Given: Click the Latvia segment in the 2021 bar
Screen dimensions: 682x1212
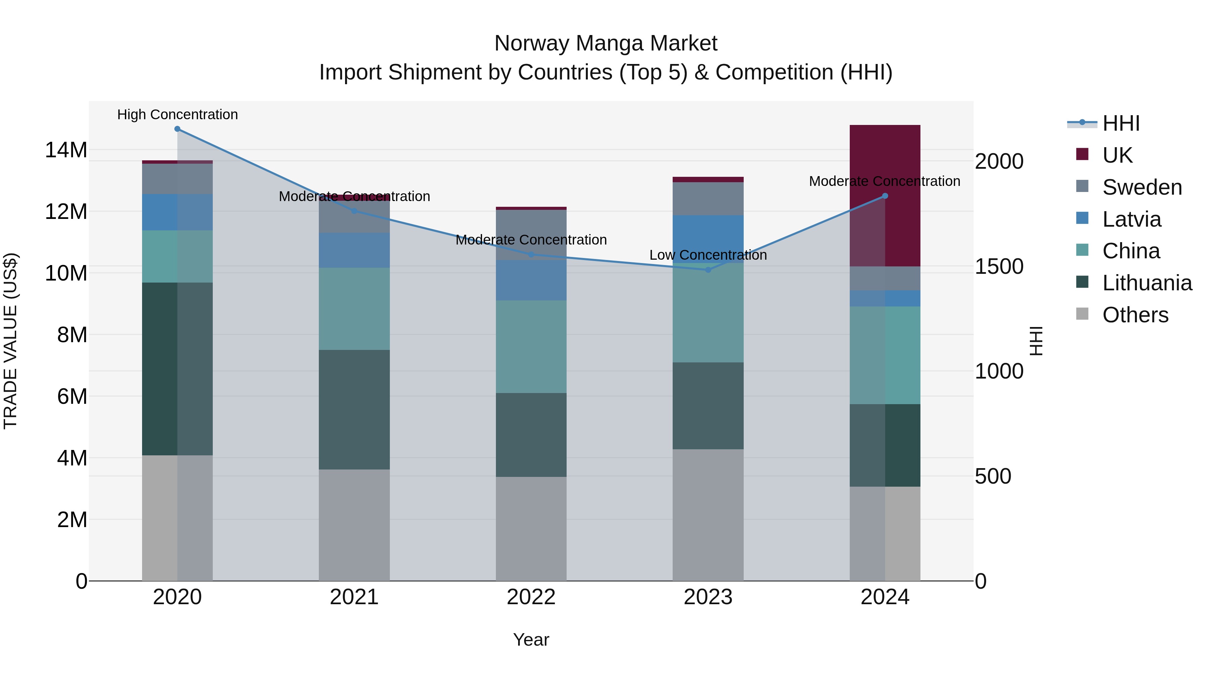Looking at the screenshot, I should (354, 250).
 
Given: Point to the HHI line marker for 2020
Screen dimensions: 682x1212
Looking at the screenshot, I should (177, 129).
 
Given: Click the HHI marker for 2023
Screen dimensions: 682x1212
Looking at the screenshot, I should (708, 270).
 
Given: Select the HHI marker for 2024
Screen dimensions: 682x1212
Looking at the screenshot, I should (884, 196).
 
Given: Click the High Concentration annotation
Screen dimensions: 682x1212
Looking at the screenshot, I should (177, 115).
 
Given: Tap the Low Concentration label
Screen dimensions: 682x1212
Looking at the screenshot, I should (708, 255).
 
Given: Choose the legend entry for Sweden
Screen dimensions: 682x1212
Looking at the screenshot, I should (1141, 187).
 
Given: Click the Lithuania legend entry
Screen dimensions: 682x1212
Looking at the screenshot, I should (1146, 283).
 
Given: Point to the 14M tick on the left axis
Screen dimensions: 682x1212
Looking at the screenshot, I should (66, 150).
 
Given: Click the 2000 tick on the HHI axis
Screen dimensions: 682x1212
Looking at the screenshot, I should (999, 161).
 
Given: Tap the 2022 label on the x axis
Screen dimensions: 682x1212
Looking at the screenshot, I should (531, 597).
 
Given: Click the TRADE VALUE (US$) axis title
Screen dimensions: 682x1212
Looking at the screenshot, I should (10, 341).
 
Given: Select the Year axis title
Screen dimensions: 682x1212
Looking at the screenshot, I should (531, 640).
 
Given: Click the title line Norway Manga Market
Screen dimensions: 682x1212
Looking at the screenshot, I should (606, 43).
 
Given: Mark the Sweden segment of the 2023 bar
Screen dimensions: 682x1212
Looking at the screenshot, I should (708, 199).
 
